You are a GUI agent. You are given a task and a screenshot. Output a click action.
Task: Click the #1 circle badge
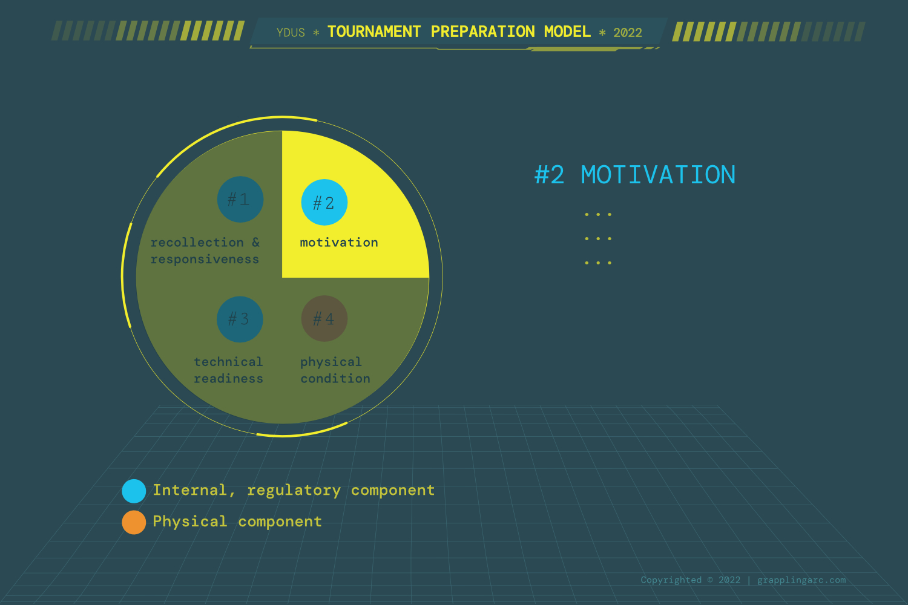pyautogui.click(x=240, y=200)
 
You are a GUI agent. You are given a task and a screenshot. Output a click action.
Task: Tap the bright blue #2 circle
pyautogui.click(x=324, y=202)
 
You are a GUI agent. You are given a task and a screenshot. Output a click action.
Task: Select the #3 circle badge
pyautogui.click(x=240, y=319)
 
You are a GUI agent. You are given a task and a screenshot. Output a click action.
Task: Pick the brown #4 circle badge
pyautogui.click(x=324, y=318)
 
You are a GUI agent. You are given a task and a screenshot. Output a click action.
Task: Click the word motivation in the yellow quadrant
pyautogui.click(x=339, y=243)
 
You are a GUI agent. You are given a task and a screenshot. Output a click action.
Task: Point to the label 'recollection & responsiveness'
pyautogui.click(x=205, y=251)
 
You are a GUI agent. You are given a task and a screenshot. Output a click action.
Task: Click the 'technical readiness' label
pyautogui.click(x=229, y=370)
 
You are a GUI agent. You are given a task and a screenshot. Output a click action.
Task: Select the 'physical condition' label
pyautogui.click(x=335, y=370)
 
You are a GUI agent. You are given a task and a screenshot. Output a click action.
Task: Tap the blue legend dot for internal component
pyautogui.click(x=134, y=491)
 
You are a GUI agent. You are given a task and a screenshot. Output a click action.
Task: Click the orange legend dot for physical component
pyautogui.click(x=134, y=522)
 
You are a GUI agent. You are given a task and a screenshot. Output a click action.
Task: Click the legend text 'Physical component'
pyautogui.click(x=237, y=522)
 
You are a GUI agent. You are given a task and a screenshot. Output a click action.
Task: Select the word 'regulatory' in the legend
pyautogui.click(x=294, y=491)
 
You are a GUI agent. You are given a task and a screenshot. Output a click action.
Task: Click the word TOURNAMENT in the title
pyautogui.click(x=374, y=31)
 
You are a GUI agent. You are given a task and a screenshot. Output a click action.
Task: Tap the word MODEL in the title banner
pyautogui.click(x=567, y=31)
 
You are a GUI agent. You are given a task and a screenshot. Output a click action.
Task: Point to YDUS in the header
pyautogui.click(x=291, y=33)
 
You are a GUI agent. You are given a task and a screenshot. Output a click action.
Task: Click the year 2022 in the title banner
pyautogui.click(x=628, y=33)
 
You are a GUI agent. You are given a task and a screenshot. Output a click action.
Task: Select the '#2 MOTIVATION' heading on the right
pyautogui.click(x=635, y=175)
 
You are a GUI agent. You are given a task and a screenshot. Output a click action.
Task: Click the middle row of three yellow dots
pyautogui.click(x=598, y=239)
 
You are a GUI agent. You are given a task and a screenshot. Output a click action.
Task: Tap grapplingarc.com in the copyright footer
pyautogui.click(x=801, y=580)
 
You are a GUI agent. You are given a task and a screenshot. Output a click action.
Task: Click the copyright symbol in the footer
pyautogui.click(x=710, y=580)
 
